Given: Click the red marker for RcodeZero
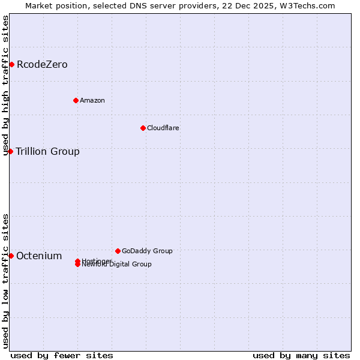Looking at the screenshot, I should (x=11, y=64).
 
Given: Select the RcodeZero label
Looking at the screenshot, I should (x=42, y=65).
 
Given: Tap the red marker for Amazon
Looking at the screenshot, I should (x=76, y=100).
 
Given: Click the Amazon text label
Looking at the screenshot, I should (x=92, y=100).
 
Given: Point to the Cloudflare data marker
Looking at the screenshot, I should (x=143, y=128).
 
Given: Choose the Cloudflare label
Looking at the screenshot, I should (x=163, y=128).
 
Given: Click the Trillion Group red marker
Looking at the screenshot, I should (x=10, y=151).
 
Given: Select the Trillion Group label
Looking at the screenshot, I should (x=47, y=151).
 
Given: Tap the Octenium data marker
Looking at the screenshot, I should (x=11, y=256).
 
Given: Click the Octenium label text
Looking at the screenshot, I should (x=39, y=256).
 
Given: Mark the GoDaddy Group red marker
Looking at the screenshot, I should (x=118, y=251).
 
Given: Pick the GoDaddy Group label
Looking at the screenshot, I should (x=147, y=251).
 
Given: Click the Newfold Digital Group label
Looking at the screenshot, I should (x=117, y=265).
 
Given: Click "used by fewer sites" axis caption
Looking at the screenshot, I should (x=62, y=355).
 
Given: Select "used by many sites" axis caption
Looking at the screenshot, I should (x=301, y=355).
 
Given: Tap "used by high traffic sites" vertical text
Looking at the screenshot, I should (x=5, y=85).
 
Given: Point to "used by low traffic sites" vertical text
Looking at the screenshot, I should (x=5, y=281).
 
